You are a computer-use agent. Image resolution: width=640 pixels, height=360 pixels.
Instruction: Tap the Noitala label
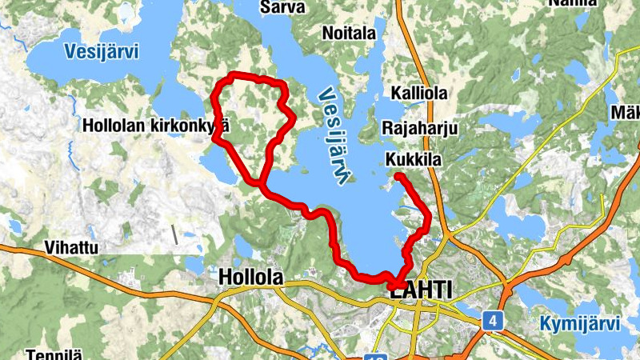tap(349, 33)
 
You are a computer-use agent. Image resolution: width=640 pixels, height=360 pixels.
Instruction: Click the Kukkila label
tap(413, 160)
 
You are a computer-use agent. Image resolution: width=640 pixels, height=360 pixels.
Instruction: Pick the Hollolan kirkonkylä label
tap(156, 126)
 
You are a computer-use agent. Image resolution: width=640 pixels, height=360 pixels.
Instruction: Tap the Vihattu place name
tap(72, 247)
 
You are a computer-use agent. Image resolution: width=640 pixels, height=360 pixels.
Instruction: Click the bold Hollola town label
tap(250, 277)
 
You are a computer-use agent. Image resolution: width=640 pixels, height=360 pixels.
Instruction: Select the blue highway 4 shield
tap(493, 321)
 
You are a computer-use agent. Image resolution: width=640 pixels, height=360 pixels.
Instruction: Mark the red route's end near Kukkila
tap(398, 175)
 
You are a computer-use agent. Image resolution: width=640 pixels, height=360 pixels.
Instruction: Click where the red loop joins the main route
tap(262, 184)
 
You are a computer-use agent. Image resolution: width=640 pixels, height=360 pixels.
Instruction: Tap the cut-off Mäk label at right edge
tap(625, 113)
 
